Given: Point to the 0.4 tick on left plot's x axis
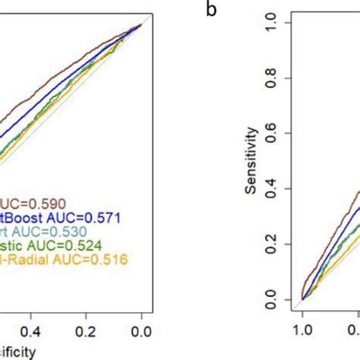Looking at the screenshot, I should (30, 331).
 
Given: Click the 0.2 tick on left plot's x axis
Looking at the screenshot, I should (86, 331).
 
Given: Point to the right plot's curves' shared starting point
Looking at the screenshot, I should (303, 298).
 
